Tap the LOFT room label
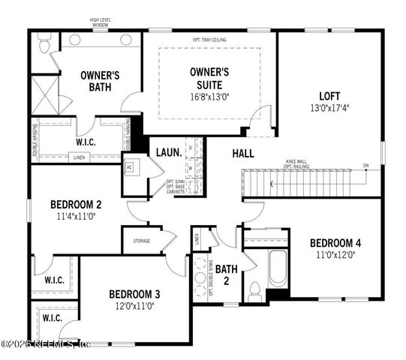click(x=329, y=96)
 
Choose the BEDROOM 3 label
click(x=134, y=294)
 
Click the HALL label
click(x=242, y=153)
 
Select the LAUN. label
click(x=168, y=152)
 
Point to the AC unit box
click(x=129, y=167)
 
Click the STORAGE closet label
click(x=142, y=241)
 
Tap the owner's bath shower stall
click(x=45, y=95)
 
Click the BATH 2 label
click(x=227, y=273)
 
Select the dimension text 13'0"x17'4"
click(x=329, y=107)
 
